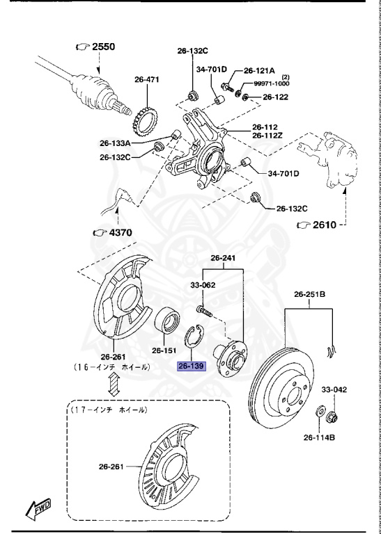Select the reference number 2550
(100, 47)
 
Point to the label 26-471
(147, 80)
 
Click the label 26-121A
(259, 71)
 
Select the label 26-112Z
(267, 136)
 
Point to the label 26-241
(223, 259)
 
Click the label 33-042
(334, 390)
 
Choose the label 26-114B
(319, 437)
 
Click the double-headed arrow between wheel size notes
(114, 384)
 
